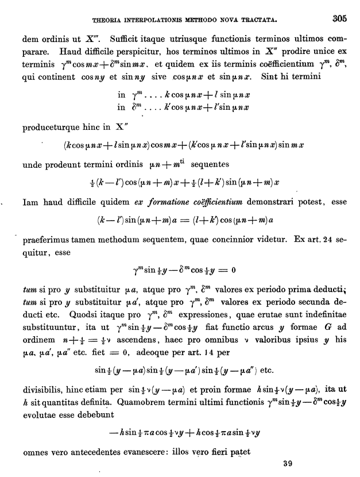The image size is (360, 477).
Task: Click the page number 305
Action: pyautogui.click(x=339, y=18)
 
